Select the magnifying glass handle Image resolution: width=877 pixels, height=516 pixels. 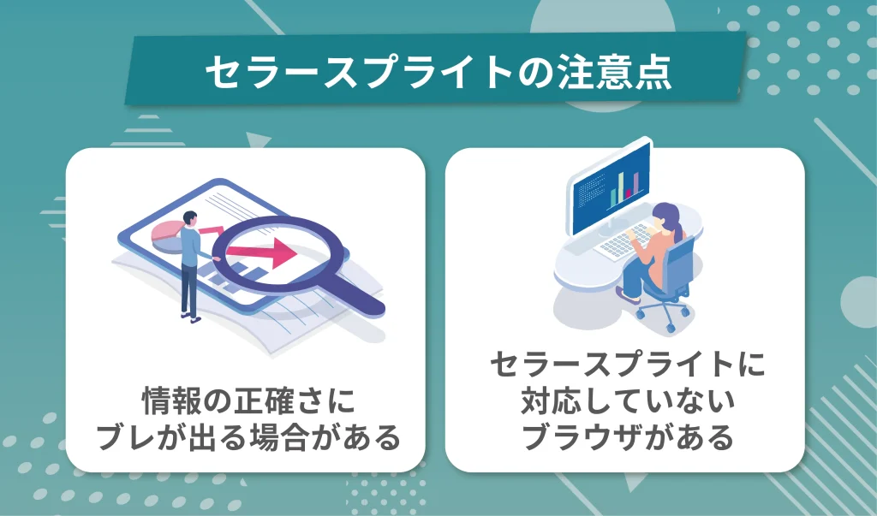[358, 294]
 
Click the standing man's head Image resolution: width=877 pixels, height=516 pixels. [190, 218]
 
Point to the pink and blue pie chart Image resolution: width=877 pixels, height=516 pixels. [168, 235]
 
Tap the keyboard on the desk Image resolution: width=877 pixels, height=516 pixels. [624, 241]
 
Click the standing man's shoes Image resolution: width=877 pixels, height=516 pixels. [191, 317]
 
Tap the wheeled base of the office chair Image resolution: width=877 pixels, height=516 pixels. [662, 314]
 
